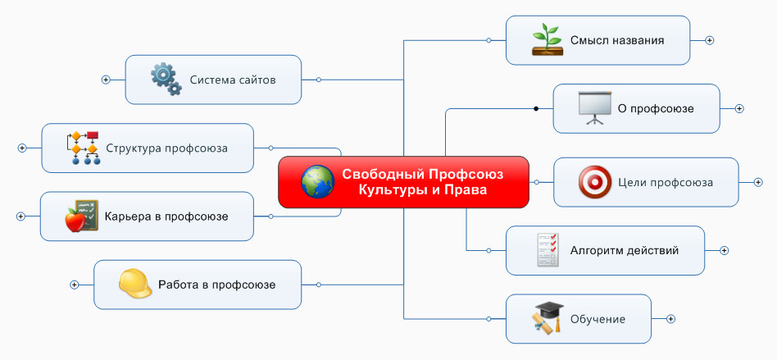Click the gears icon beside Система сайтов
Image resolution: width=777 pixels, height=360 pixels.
[166, 80]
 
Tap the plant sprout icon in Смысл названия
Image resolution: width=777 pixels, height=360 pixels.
[547, 39]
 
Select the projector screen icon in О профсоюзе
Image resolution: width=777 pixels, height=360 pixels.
[594, 108]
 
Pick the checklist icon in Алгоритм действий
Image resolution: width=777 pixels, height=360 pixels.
[548, 250]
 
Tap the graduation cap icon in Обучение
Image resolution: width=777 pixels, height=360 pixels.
[548, 319]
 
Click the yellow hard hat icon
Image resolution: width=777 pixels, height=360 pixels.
[135, 285]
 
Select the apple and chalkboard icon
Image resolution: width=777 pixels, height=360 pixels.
[82, 216]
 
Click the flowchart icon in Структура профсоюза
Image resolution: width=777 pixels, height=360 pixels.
[83, 148]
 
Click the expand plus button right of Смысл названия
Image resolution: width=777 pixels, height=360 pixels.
[710, 39]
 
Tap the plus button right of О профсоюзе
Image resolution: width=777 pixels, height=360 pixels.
[738, 108]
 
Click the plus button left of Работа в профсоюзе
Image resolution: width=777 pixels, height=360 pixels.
[74, 285]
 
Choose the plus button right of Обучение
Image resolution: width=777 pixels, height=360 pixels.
[670, 319]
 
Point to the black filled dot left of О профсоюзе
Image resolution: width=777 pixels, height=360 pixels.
[536, 108]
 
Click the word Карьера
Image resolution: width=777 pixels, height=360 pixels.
[129, 216]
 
